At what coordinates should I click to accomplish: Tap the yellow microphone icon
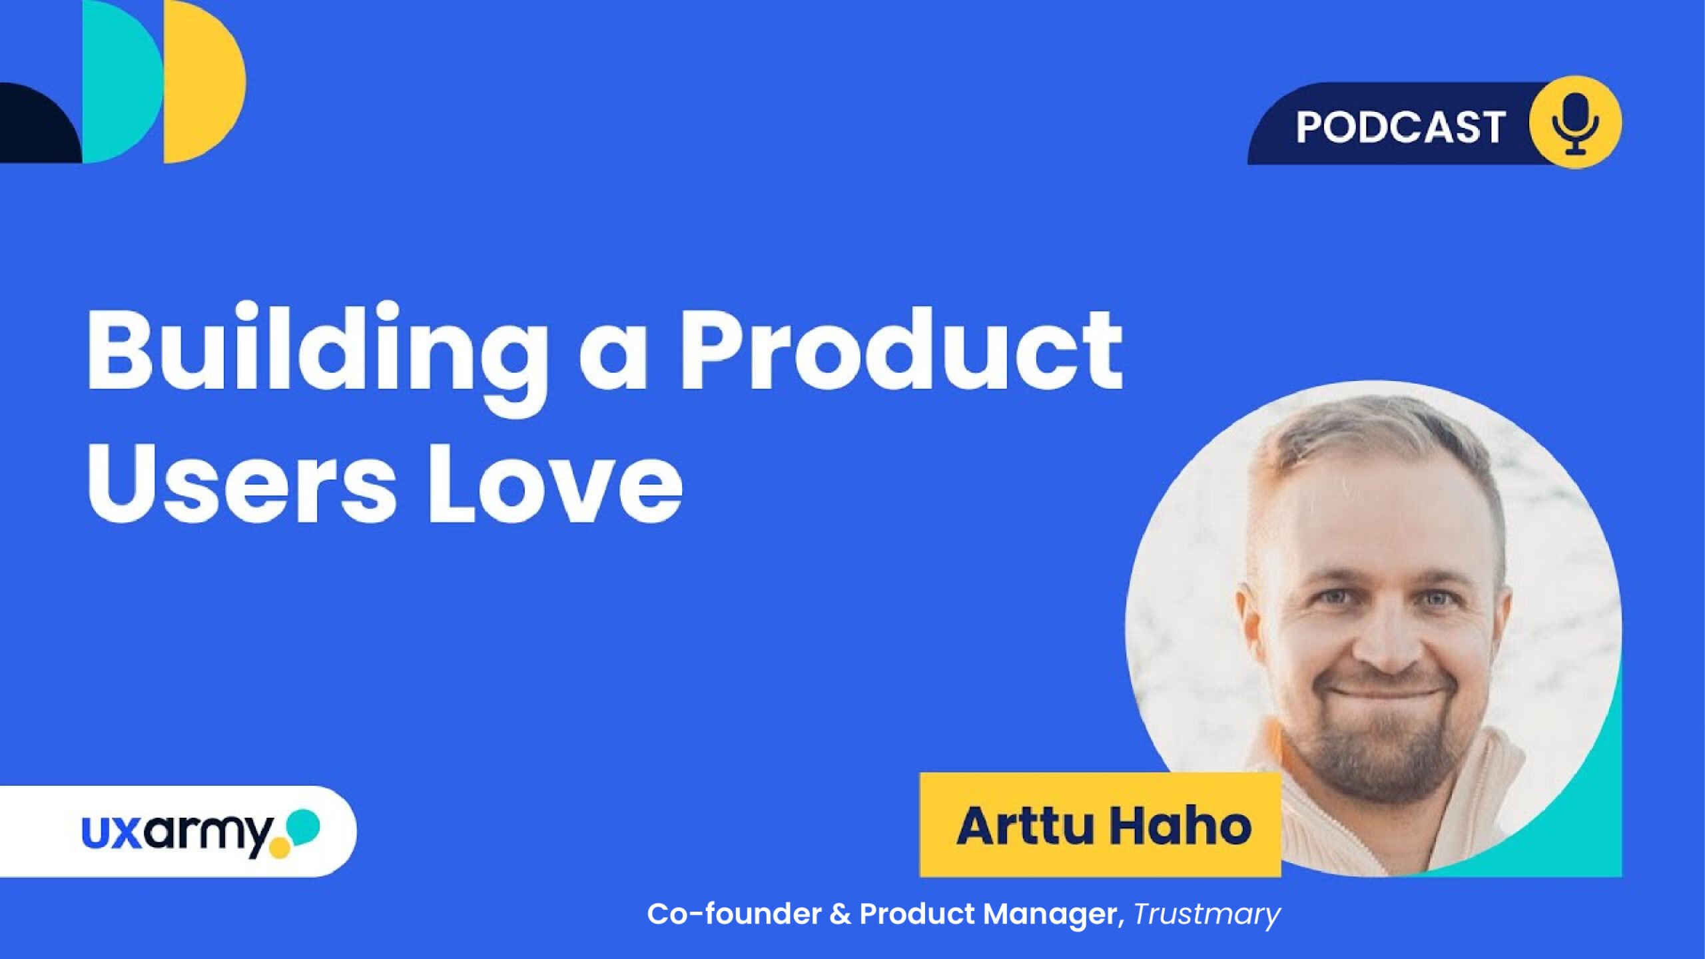tap(1575, 122)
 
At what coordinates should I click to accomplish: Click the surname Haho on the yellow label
tap(1181, 826)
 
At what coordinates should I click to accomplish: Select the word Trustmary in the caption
tap(1207, 915)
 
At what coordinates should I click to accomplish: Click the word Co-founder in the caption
tap(734, 914)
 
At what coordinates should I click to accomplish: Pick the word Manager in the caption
tap(1050, 915)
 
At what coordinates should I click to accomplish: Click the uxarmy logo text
tap(177, 832)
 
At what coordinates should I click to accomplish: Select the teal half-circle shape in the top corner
tap(123, 81)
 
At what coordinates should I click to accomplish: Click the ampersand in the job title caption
tap(841, 914)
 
